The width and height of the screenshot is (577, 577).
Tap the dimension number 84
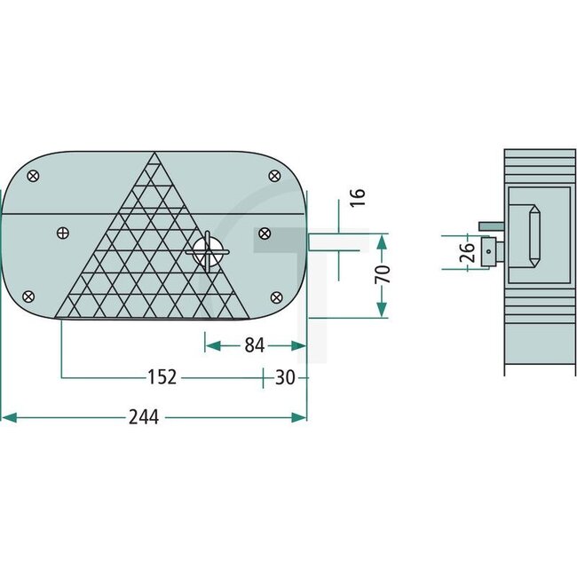pos(254,345)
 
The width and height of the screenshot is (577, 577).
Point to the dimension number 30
pos(284,378)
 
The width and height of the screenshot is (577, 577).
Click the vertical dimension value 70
pos(383,273)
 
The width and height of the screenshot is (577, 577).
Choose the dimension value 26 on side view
pos(465,253)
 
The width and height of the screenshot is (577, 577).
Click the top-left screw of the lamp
pos(34,176)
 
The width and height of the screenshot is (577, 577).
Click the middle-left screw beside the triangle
pos(62,233)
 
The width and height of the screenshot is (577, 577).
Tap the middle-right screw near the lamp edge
pos(264,233)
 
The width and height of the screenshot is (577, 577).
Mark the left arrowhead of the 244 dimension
pos(7,416)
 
